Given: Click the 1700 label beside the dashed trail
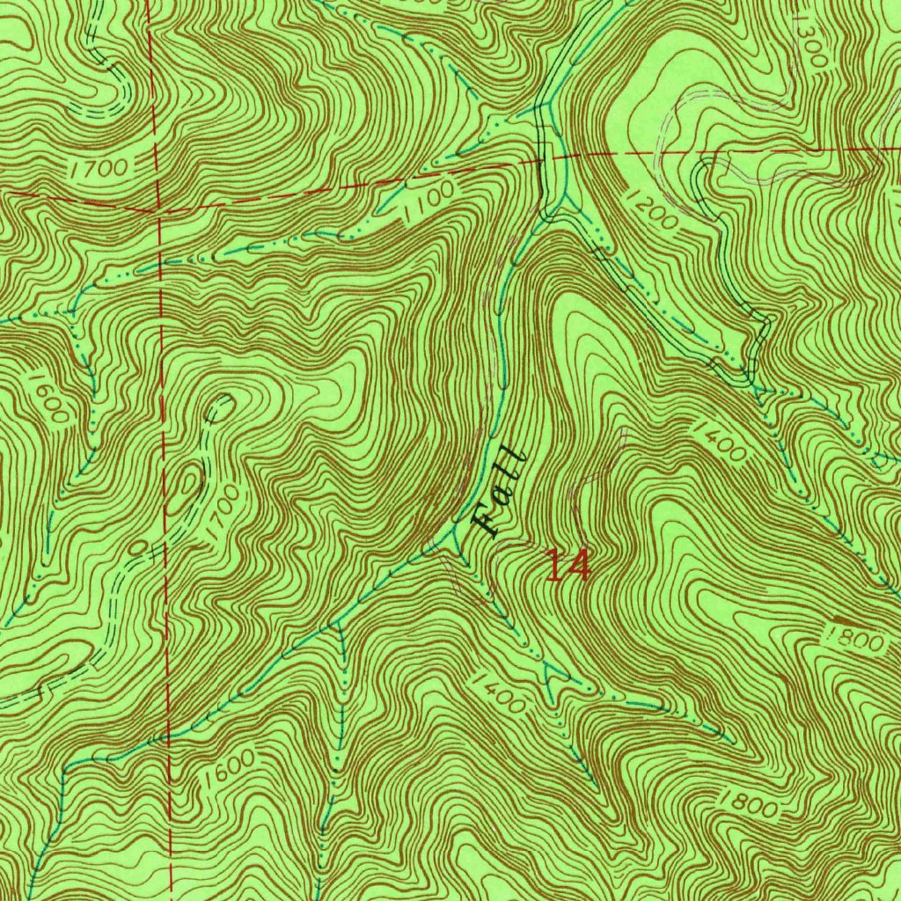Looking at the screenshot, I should click(x=221, y=519).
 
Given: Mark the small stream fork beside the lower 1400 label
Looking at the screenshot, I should click(x=553, y=673).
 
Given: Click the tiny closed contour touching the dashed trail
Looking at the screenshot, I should click(x=138, y=547).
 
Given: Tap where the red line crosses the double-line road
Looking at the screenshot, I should click(x=551, y=160).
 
